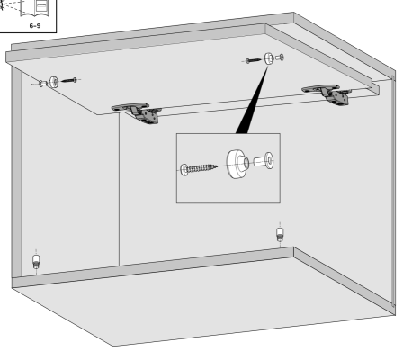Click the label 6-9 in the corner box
35,26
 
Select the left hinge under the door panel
138,112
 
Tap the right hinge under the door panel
327,94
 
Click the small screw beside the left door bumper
69,80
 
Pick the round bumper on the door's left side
54,82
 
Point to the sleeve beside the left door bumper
43,83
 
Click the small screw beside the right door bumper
254,61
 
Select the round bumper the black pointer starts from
268,58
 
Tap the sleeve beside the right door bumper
280,58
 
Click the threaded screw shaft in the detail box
201,168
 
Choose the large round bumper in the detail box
237,164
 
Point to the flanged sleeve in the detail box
264,161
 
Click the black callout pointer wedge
251,101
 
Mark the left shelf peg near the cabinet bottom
36,261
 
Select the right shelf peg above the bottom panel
280,234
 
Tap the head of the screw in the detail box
184,170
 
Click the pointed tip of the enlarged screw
217,166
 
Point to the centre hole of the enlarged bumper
246,163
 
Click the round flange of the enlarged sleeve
269,160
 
